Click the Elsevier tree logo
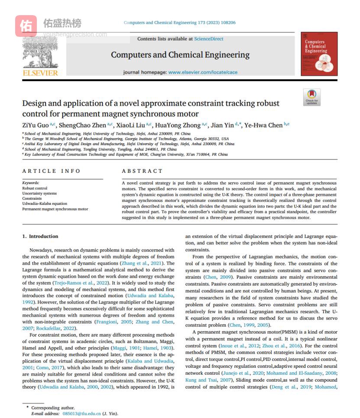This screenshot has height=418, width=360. click(x=40, y=52)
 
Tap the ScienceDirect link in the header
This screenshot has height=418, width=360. click(x=208, y=39)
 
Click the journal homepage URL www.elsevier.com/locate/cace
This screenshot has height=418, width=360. click(x=203, y=72)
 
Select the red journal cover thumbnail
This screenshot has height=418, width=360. click(x=319, y=54)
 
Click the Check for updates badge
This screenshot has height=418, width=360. click(x=311, y=97)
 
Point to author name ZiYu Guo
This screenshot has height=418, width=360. click(x=36, y=125)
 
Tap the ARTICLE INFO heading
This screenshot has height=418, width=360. click(x=51, y=171)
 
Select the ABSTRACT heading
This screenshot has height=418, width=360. click(x=142, y=171)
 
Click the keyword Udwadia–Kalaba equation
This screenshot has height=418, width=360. click(x=45, y=204)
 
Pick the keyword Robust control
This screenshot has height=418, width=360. click(x=35, y=188)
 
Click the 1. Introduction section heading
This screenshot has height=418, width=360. click(x=40, y=236)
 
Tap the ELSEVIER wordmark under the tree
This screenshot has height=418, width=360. click(x=40, y=73)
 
